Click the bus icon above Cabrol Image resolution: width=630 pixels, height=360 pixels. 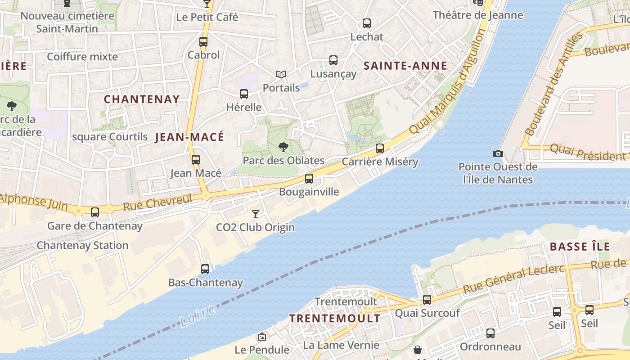click(203, 42)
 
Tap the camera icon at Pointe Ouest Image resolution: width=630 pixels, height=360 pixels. click(498, 154)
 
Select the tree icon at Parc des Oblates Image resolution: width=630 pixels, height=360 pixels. click(283, 147)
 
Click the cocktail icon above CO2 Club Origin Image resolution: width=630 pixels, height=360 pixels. click(256, 214)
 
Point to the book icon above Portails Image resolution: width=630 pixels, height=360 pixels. click(281, 74)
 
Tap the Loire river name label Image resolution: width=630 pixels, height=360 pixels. click(198, 315)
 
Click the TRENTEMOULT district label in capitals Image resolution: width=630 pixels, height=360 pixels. click(334, 319)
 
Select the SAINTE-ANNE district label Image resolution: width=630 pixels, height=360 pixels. click(405, 66)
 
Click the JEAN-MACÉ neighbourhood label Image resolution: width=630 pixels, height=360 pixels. click(189, 137)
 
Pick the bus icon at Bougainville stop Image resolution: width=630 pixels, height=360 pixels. click(309, 179)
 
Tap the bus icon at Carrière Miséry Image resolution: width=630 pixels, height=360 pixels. click(380, 148)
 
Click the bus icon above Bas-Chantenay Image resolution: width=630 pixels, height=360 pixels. click(205, 269)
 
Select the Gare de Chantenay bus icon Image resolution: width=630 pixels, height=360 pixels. click(95, 212)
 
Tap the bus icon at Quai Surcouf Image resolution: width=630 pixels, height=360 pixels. click(427, 299)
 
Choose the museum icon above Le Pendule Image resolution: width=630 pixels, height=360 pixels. click(262, 337)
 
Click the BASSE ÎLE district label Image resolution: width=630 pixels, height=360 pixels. click(580, 247)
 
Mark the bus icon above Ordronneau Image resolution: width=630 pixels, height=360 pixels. click(490, 333)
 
